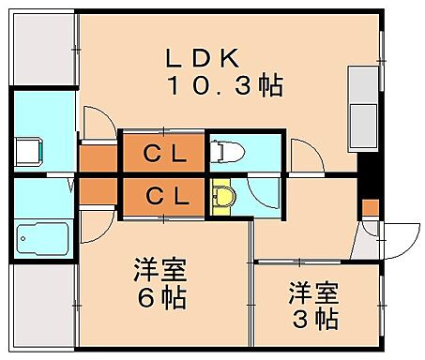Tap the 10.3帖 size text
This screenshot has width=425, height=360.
[x=225, y=86]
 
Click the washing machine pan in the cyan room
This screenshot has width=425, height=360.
[x=29, y=150]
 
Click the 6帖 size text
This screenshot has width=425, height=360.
[x=159, y=300]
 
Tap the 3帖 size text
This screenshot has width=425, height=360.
[x=312, y=319]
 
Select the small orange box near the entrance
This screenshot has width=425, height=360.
[x=370, y=206]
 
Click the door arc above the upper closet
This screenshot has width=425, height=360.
[x=97, y=121]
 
